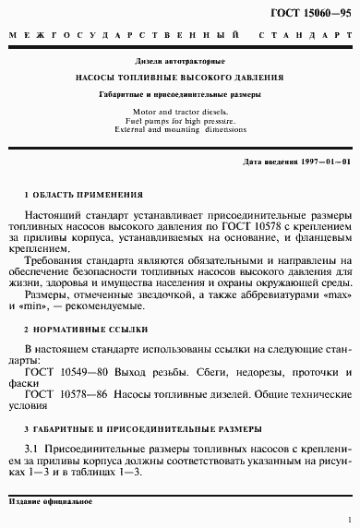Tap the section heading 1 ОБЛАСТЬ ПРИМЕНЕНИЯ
coord(84,197)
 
